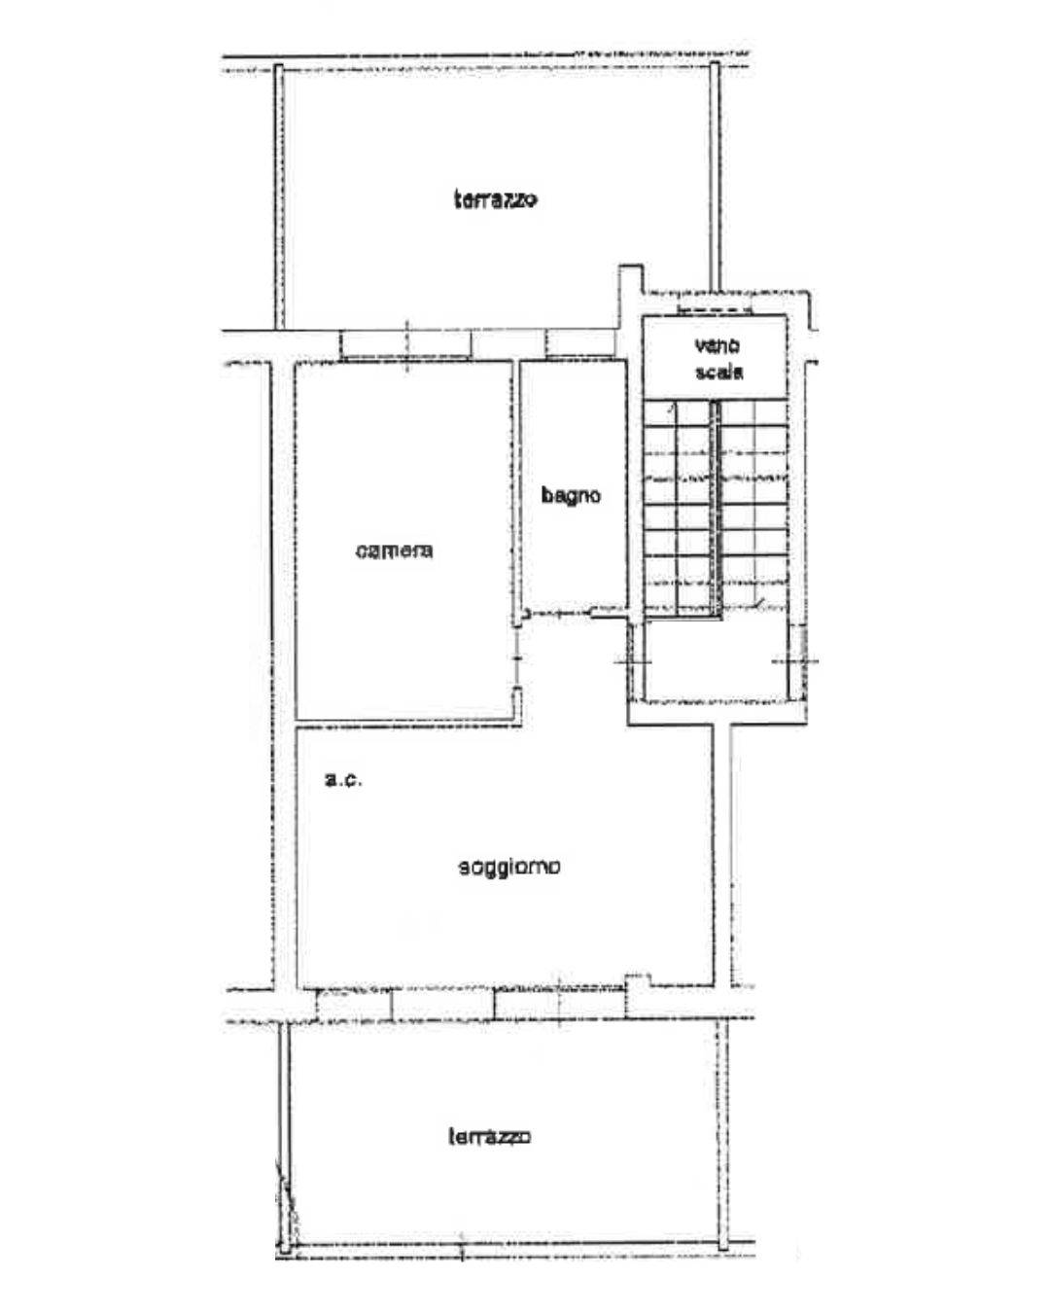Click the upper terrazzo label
pyautogui.click(x=496, y=199)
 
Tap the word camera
pyautogui.click(x=394, y=550)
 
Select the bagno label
pyautogui.click(x=571, y=495)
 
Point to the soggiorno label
pyautogui.click(x=508, y=867)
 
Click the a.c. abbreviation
pyautogui.click(x=343, y=780)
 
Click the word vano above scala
pyautogui.click(x=717, y=346)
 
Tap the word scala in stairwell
pyautogui.click(x=719, y=372)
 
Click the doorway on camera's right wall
pyautogui.click(x=517, y=658)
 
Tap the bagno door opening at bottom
pyautogui.click(x=558, y=612)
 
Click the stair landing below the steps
pyautogui.click(x=716, y=659)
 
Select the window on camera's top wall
pyautogui.click(x=405, y=345)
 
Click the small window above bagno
pyautogui.click(x=580, y=344)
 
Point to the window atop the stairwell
pyautogui.click(x=715, y=310)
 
